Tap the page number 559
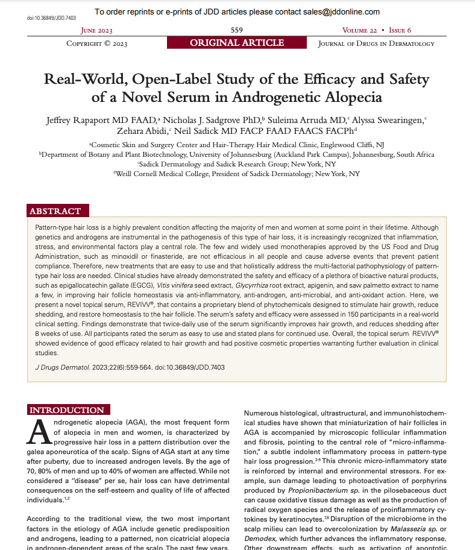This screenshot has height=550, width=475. pos(237,30)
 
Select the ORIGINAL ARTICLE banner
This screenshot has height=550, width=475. pos(237,43)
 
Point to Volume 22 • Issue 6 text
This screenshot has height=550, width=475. pos(377,30)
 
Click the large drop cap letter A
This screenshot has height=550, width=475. pos(39,432)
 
